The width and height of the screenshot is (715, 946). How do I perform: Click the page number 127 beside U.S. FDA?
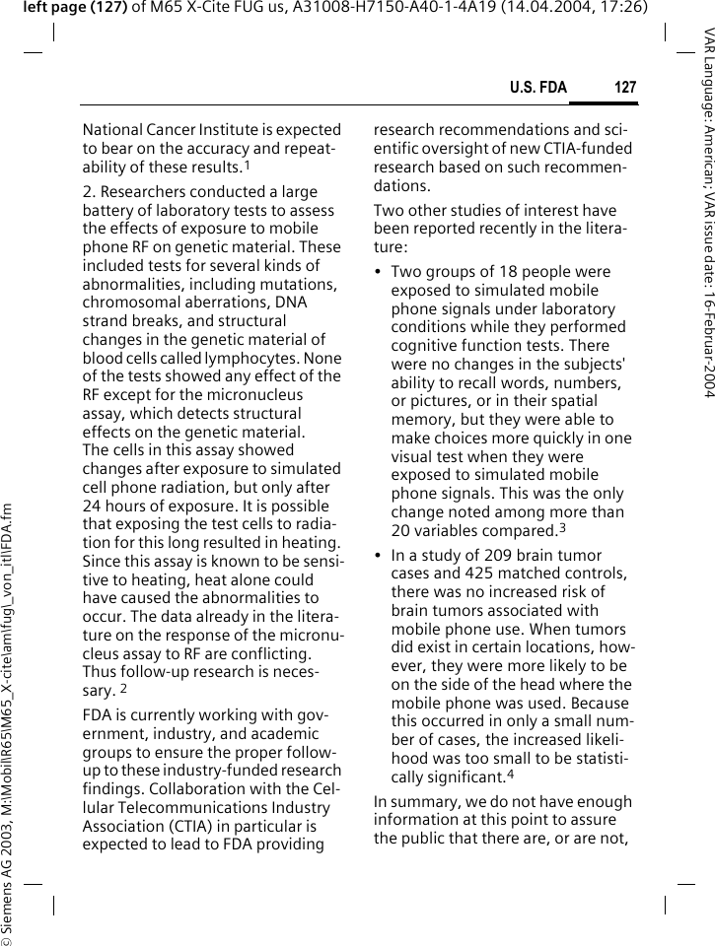[625, 89]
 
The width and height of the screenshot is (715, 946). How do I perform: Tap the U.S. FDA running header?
[537, 89]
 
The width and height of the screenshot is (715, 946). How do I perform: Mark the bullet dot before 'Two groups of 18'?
[378, 272]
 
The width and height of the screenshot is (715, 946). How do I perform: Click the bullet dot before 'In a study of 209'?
[378, 555]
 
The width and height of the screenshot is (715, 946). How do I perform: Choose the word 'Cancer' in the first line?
[173, 129]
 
